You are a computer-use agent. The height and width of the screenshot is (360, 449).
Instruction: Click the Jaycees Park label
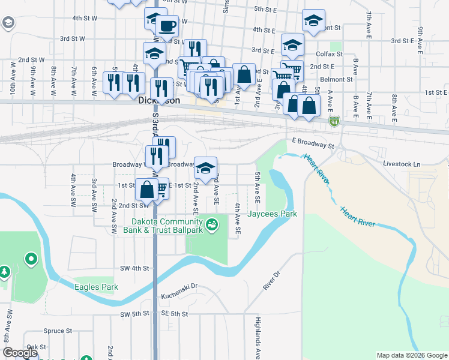(273, 214)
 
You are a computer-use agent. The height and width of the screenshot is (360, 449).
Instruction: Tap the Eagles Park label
(96, 287)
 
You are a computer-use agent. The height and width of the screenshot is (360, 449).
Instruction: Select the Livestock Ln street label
(402, 163)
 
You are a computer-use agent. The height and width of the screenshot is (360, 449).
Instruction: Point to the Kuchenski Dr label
(179, 296)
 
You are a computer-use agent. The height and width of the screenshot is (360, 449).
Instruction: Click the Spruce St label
(58, 331)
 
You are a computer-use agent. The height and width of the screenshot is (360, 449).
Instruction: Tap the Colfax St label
(330, 53)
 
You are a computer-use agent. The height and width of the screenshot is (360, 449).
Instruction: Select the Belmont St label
(336, 79)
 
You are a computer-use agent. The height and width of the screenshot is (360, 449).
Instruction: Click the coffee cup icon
(166, 26)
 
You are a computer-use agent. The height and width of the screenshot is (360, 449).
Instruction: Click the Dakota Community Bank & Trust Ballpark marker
(211, 225)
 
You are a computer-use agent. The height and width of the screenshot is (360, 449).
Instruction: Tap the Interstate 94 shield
(334, 122)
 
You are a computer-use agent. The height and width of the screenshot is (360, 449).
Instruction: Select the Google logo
(20, 353)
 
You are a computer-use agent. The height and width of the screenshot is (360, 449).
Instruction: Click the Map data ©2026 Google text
(411, 355)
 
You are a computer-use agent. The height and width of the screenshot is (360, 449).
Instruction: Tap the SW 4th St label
(134, 268)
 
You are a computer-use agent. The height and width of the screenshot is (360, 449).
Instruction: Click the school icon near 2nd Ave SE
(205, 168)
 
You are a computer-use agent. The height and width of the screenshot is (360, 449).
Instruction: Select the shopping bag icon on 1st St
(147, 190)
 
